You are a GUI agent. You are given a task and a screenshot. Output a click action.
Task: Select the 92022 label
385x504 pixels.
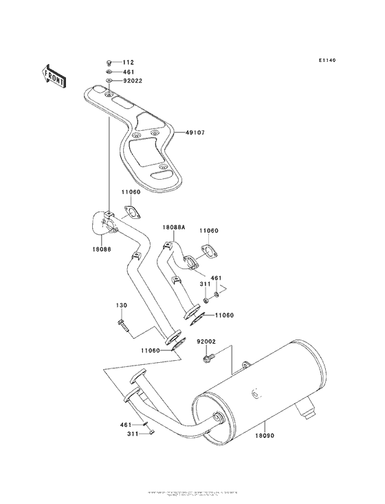click(133, 81)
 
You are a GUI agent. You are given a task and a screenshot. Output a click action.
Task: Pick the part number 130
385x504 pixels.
click(122, 305)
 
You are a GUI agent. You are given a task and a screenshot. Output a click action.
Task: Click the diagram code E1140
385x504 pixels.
click(329, 61)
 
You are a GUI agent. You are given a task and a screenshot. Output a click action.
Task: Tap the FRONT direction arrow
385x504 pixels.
click(54, 74)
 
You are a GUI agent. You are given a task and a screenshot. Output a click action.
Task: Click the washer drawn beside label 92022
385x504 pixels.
click(111, 81)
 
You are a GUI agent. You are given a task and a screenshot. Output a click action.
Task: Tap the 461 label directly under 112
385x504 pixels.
click(129, 72)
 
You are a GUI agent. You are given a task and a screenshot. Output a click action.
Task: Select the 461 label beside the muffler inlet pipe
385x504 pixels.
click(126, 426)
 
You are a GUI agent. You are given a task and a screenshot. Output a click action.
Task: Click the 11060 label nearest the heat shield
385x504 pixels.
click(131, 193)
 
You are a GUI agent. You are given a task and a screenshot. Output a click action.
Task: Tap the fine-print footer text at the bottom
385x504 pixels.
click(192, 494)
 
